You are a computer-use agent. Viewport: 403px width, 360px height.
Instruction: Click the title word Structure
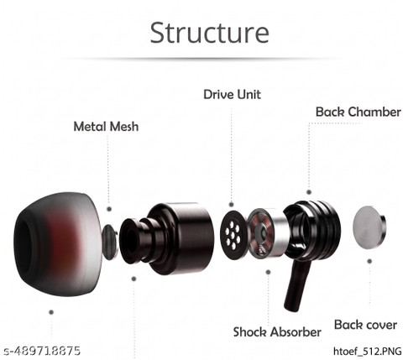210,33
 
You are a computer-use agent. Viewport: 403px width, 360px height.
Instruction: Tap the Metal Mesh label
106,127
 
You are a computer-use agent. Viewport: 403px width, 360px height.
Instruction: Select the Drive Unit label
232,95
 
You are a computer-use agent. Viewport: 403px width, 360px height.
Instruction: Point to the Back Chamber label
359,112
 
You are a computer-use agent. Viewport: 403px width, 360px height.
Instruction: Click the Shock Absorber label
277,332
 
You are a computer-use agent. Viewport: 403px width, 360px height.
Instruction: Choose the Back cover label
365,325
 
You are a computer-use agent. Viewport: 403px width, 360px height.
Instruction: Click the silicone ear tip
57,240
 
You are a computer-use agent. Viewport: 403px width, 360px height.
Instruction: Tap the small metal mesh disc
109,242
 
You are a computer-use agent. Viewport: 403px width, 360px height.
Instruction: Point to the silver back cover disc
369,227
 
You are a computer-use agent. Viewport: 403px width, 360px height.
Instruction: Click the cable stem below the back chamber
296,284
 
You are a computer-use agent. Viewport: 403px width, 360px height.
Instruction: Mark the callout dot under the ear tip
51,312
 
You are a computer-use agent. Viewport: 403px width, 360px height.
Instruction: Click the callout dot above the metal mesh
109,209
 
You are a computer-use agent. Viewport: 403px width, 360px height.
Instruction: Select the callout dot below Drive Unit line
231,205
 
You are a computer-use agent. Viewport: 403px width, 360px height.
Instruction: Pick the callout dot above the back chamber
309,192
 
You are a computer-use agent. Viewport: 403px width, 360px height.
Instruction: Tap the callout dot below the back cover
369,261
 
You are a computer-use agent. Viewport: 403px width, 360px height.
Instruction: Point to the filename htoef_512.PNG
368,351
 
